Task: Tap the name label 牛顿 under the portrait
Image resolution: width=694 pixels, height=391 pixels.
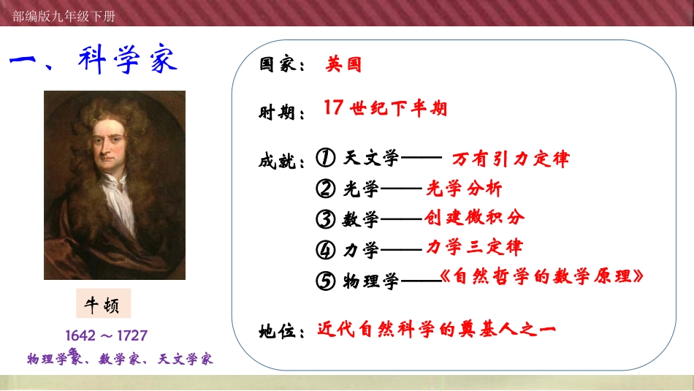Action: click(103, 304)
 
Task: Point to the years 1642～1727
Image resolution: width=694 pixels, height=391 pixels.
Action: click(107, 335)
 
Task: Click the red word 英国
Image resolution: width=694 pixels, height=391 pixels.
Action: click(343, 64)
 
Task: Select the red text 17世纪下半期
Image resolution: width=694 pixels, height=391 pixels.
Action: click(385, 109)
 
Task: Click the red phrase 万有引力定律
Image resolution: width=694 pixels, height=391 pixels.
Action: click(511, 159)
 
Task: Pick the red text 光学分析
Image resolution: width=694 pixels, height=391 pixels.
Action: click(465, 189)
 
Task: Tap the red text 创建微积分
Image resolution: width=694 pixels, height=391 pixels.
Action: click(474, 218)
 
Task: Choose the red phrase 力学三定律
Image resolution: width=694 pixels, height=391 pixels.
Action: click(474, 247)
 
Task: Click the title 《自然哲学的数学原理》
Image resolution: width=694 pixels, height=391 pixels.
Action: click(544, 277)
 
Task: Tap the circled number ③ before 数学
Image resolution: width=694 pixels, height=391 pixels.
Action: click(326, 219)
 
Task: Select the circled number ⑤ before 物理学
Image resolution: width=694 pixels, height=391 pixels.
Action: click(326, 280)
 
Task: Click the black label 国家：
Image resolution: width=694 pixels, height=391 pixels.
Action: click(282, 65)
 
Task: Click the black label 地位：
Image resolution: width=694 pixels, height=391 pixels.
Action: click(282, 331)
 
